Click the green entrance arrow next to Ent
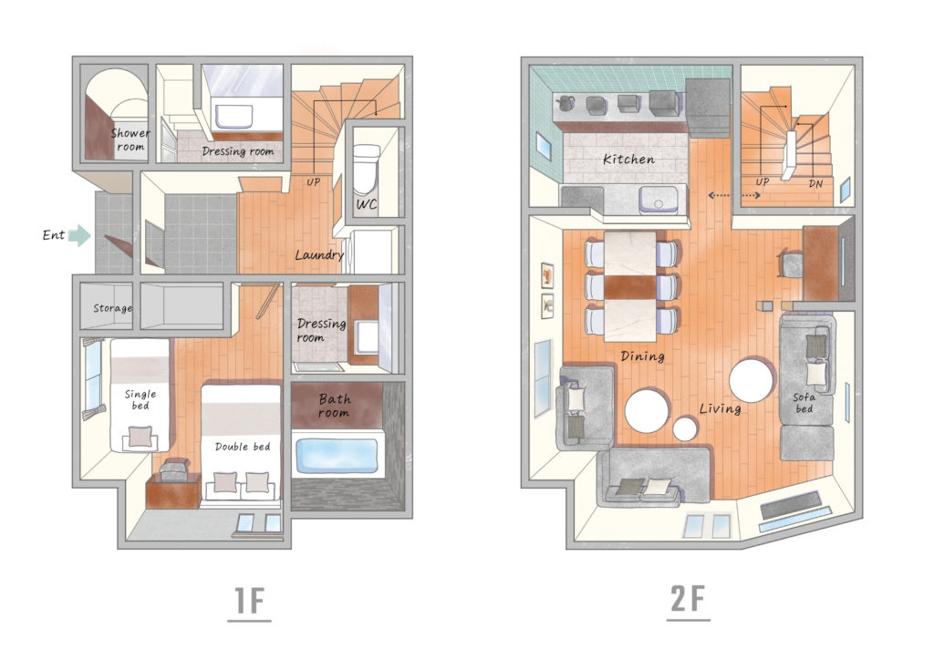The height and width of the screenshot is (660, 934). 79,235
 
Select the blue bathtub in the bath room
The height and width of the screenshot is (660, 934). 337,456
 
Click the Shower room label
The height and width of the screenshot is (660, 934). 130,139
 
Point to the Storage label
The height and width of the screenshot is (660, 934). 112,308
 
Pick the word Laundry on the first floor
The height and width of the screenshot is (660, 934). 320,254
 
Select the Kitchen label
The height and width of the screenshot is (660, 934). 628,159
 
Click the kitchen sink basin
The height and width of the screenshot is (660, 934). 659,200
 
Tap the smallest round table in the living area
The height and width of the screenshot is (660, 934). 685,428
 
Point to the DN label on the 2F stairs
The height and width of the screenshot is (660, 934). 815,183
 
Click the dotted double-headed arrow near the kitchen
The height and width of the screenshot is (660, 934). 734,195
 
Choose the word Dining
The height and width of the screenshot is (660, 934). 642,356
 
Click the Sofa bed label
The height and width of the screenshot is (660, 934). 804,403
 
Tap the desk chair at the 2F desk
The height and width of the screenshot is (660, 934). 791,264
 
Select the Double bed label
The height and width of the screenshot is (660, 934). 243,447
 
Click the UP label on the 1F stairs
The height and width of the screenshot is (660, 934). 314,181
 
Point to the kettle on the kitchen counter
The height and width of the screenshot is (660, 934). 564,102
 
